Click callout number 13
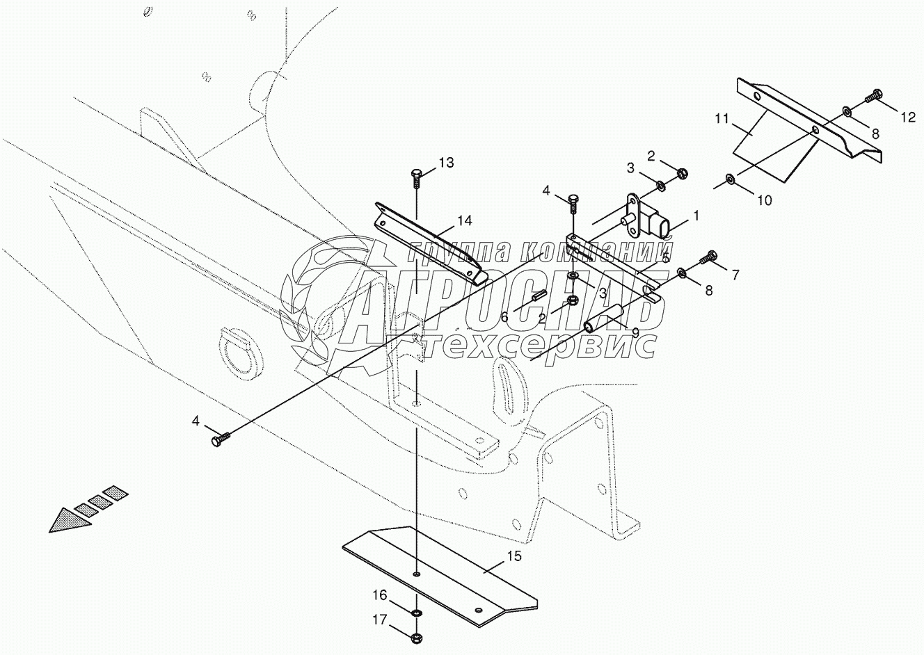[x=446, y=163]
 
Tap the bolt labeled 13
[x=417, y=179]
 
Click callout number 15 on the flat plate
[x=513, y=556]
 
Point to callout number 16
[x=380, y=595]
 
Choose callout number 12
[x=907, y=118]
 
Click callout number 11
[x=722, y=119]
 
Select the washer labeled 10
[x=730, y=179]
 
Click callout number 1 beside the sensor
[x=696, y=216]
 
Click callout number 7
[x=735, y=275]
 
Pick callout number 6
[x=504, y=317]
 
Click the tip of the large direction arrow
[x=49, y=532]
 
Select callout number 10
[x=765, y=201]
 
